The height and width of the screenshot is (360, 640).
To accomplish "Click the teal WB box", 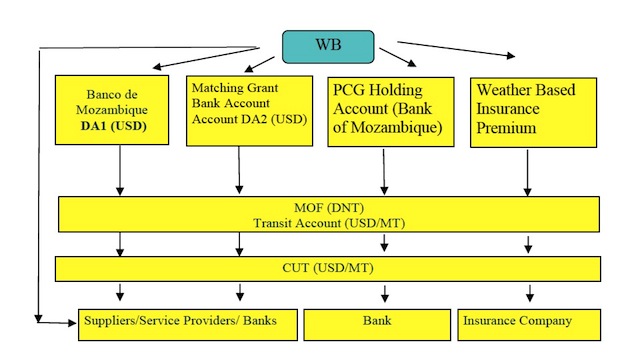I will [327, 46].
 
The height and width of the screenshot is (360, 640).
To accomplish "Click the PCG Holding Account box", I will [385, 112].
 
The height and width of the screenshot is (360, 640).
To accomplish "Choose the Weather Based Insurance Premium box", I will [533, 112].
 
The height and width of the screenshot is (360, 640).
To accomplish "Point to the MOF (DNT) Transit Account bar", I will [328, 214].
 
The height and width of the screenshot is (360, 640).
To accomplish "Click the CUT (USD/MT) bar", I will [328, 268].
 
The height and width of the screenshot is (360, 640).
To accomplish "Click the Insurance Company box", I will [529, 323].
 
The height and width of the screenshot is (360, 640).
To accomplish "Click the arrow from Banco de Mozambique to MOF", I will [120, 170].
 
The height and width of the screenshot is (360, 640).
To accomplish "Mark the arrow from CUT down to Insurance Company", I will [529, 292].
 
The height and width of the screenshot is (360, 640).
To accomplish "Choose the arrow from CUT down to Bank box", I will [384, 292].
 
